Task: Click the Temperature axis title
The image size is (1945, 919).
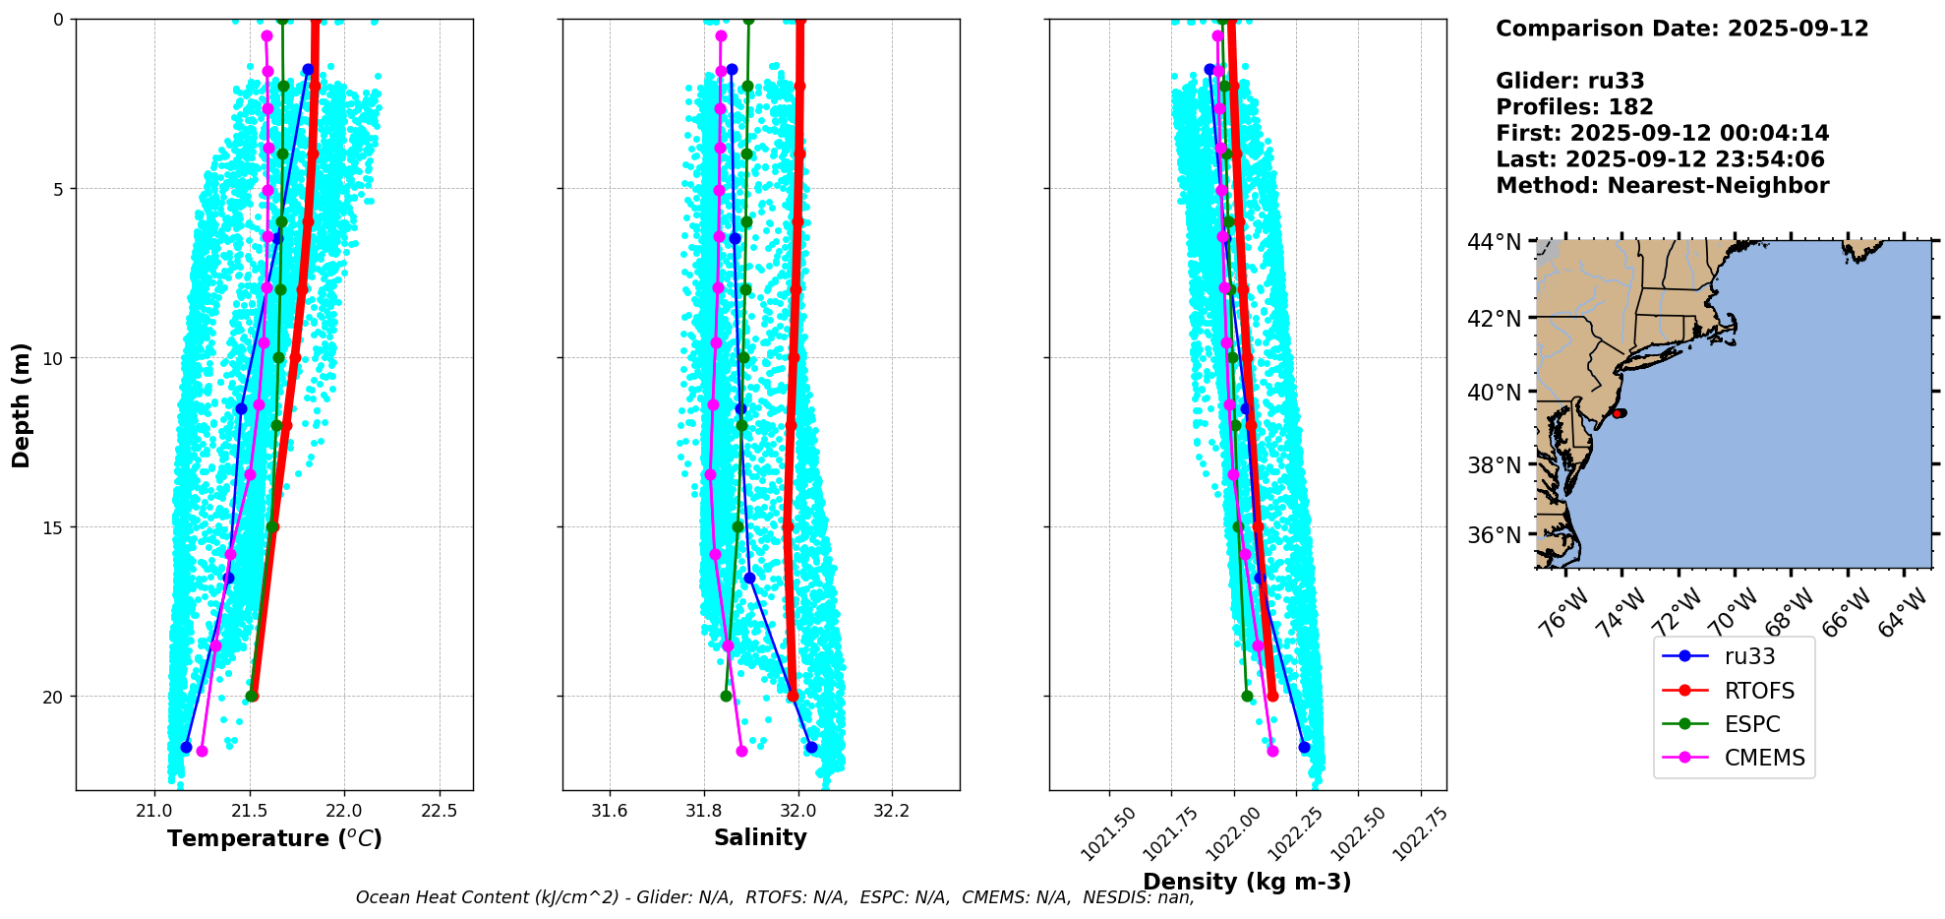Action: [x=274, y=838]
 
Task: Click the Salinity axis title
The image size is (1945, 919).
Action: [x=760, y=837]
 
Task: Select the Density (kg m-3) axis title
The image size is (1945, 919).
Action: [x=1247, y=882]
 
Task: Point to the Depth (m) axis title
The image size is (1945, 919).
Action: [x=22, y=405]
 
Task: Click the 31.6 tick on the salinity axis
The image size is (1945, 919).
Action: [x=610, y=811]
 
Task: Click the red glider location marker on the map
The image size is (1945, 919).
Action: [x=1619, y=413]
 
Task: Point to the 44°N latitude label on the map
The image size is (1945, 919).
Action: [x=1495, y=242]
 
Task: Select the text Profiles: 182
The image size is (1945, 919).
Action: [x=1574, y=107]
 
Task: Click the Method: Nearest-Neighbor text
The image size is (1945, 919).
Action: [x=1663, y=186]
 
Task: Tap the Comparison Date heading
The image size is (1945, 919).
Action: [x=1682, y=29]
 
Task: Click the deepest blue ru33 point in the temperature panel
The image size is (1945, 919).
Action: [x=186, y=748]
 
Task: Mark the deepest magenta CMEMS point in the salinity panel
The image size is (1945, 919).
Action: [x=741, y=751]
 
